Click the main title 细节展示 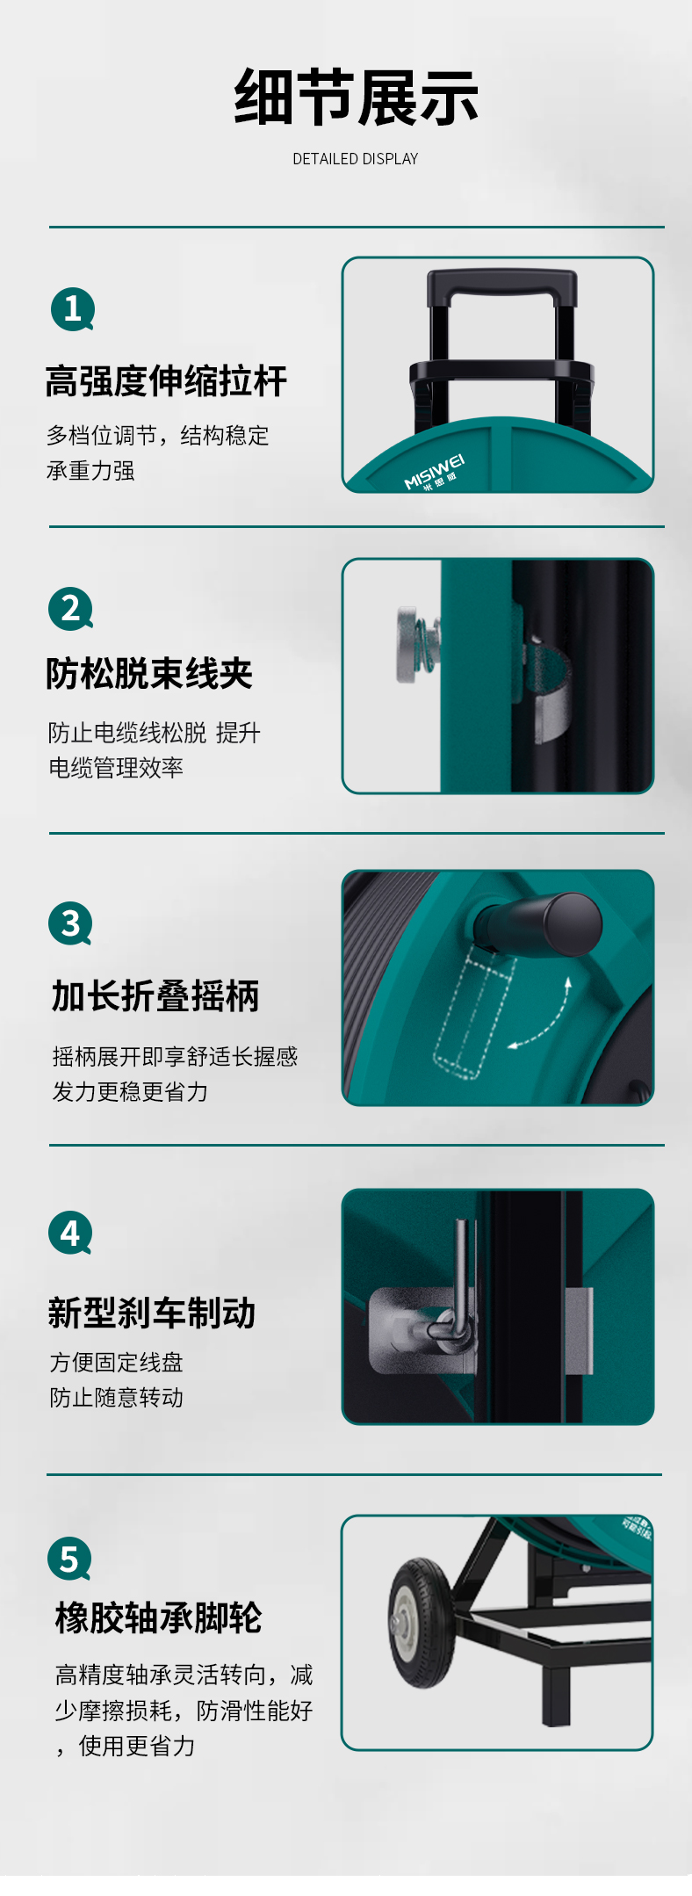coord(356,97)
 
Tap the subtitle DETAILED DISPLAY coord(356,159)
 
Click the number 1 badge coord(72,309)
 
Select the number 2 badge coord(70,609)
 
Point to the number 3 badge coord(70,923)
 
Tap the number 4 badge coord(70,1234)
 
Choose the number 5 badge coord(69,1558)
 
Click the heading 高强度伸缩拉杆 coord(166,381)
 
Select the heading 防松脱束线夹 coord(149,674)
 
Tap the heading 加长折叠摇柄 coord(155,996)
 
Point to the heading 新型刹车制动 coord(151,1313)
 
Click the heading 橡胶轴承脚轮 coord(158,1617)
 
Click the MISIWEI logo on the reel coord(434,472)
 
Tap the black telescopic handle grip coord(502,286)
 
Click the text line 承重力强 coord(90,471)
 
